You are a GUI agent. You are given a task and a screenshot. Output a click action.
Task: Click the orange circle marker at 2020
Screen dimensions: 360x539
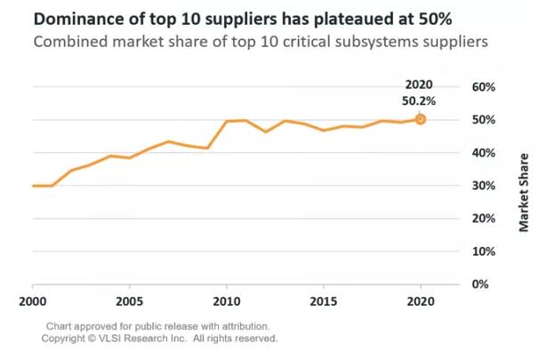click(421, 119)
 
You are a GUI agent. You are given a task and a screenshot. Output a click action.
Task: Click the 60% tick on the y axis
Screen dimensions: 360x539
click(482, 87)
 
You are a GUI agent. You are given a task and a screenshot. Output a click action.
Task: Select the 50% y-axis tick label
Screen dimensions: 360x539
click(482, 120)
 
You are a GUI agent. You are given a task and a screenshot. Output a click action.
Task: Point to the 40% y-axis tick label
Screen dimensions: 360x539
click(482, 153)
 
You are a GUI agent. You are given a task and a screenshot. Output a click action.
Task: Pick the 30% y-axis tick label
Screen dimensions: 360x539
click(482, 186)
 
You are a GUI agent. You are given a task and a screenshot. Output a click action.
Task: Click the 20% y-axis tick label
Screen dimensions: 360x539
click(482, 219)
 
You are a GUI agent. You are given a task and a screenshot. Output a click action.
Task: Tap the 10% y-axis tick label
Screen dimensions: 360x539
click(482, 252)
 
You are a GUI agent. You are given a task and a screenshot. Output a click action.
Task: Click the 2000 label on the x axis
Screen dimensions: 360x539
click(33, 301)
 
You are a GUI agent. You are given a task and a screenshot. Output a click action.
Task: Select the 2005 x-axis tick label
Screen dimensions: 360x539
click(130, 301)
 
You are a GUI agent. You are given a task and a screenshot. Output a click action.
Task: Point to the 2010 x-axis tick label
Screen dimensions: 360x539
click(227, 301)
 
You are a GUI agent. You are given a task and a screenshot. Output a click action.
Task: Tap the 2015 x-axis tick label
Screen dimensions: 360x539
click(324, 301)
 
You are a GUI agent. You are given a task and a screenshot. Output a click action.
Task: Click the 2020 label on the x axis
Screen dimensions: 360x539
click(421, 301)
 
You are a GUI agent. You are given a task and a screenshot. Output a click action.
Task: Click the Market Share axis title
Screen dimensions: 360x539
click(526, 191)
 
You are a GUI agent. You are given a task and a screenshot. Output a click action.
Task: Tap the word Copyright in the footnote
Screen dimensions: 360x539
click(68, 339)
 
